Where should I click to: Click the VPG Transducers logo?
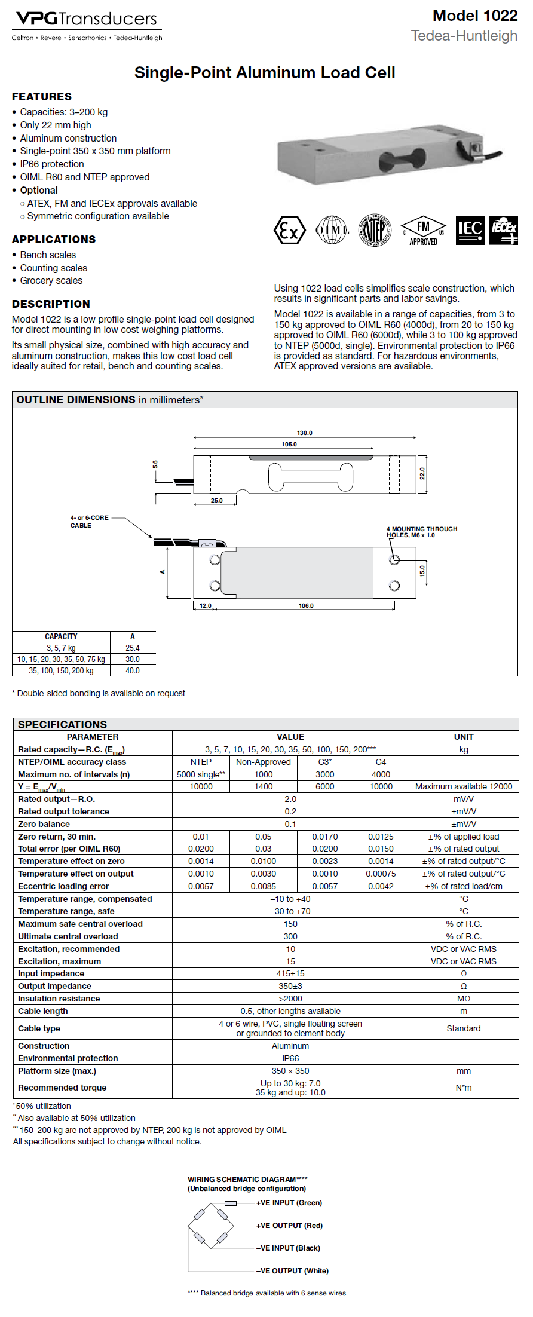click(87, 26)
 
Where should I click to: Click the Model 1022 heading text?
click(474, 16)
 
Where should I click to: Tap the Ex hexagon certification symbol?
click(289, 231)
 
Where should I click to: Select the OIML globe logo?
click(332, 230)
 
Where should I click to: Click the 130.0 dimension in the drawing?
click(305, 433)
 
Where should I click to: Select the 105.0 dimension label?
click(289, 445)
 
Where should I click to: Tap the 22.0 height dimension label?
click(422, 473)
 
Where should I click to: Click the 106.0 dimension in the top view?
click(306, 606)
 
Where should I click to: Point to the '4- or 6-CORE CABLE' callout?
click(89, 522)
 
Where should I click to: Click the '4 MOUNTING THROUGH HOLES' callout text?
click(421, 532)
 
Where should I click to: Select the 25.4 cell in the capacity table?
click(133, 648)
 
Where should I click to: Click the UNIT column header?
click(463, 737)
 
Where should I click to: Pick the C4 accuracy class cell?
click(381, 762)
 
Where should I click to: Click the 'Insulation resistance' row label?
click(59, 999)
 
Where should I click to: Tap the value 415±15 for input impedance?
click(290, 973)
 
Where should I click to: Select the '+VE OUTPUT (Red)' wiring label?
click(289, 1226)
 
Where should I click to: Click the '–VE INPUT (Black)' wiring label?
click(288, 1248)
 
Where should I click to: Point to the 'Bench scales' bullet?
click(48, 255)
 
